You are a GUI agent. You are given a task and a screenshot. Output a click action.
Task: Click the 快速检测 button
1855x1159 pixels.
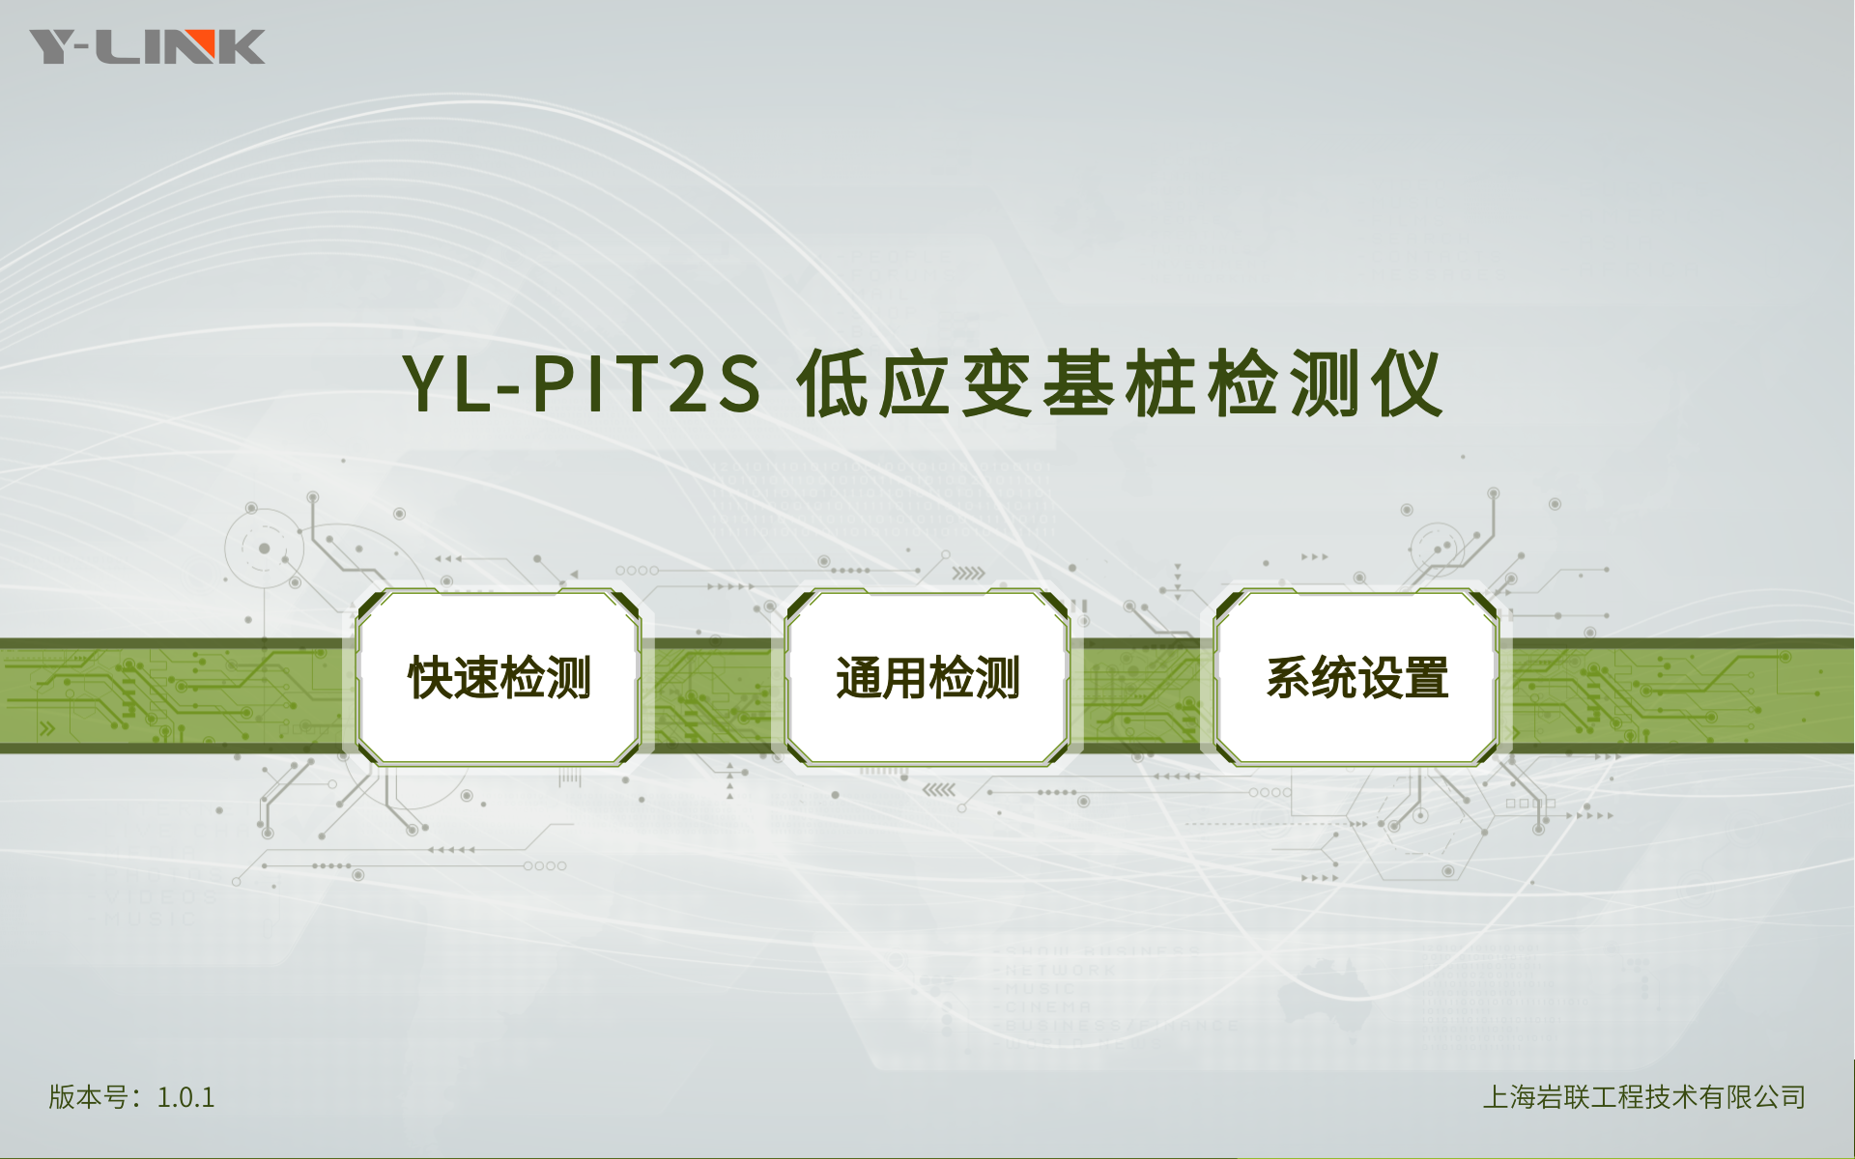click(x=499, y=677)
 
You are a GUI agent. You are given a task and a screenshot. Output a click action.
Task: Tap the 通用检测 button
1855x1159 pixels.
click(x=927, y=677)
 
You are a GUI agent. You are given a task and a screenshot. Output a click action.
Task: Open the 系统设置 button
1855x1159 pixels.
click(x=1356, y=677)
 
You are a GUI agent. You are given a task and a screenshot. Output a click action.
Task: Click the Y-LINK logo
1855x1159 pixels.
click(x=147, y=46)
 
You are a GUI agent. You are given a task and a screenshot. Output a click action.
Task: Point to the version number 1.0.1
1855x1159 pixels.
click(x=185, y=1097)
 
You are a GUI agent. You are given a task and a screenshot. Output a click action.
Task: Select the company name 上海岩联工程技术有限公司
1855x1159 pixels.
click(x=1644, y=1097)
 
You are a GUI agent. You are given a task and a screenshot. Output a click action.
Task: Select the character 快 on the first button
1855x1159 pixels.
click(x=430, y=677)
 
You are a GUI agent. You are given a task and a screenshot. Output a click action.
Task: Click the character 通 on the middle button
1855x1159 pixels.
click(x=859, y=677)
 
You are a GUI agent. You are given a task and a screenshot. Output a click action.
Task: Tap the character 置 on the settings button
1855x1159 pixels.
click(x=1426, y=677)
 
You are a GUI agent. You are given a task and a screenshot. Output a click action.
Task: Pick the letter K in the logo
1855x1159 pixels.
click(x=243, y=46)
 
